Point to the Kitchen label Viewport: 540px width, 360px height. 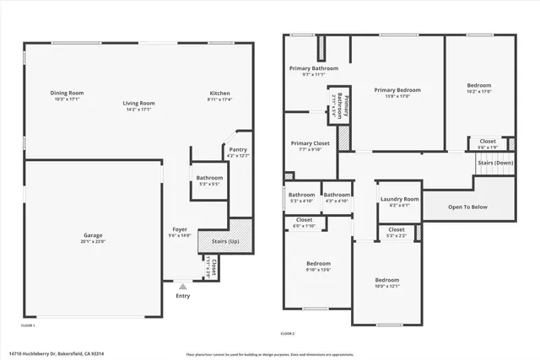(220, 93)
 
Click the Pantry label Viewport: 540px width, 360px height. (238, 150)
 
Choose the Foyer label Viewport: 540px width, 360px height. (181, 228)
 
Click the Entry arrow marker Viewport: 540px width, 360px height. (183, 286)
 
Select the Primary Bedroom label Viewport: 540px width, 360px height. (397, 89)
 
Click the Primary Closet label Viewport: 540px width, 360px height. (310, 143)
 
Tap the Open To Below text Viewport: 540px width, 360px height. (467, 206)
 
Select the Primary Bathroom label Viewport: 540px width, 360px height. (314, 68)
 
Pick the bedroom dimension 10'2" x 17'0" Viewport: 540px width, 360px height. (479, 91)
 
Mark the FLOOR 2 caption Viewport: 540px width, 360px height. (288, 334)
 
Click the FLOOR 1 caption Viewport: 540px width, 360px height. (28, 325)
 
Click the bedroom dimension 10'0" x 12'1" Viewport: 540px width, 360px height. (387, 286)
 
